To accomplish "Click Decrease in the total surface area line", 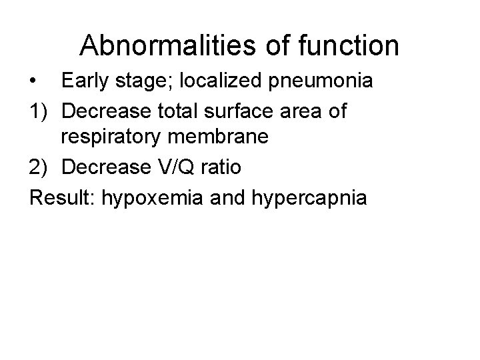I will point(110,111).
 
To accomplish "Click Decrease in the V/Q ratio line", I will point(110,168).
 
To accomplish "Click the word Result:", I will point(62,197).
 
